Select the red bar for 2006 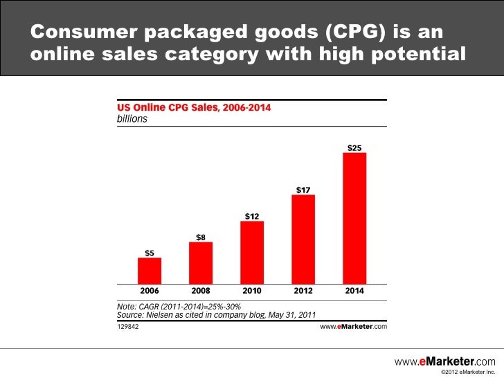150,271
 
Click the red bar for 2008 201,263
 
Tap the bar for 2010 252,253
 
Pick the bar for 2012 303,240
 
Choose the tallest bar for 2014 354,219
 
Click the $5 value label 150,253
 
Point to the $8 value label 201,237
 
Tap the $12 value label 252,216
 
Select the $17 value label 303,190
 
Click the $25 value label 354,148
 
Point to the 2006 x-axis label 150,291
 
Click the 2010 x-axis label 252,291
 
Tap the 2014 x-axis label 354,291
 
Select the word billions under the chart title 132,119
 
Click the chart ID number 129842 128,327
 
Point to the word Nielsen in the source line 159,315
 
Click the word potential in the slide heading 418,54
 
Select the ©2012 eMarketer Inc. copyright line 468,372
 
